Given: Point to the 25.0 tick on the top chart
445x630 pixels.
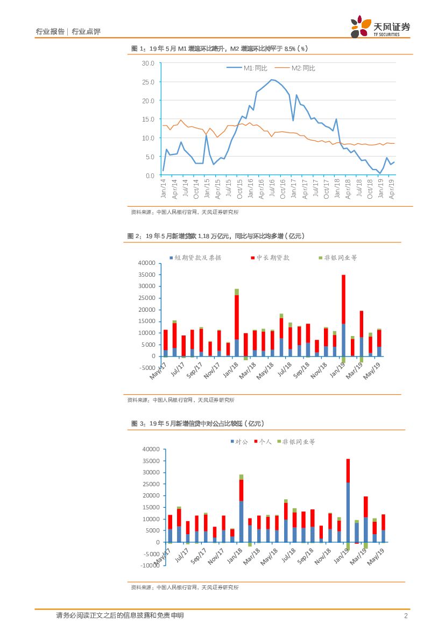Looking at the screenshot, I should [148, 82].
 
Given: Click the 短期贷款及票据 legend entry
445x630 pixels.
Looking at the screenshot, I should [195, 258].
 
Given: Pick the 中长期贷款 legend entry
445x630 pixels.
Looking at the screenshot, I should [270, 258].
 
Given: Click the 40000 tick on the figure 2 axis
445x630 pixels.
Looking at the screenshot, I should [146, 263].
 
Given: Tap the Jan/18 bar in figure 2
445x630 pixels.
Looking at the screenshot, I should [236, 323].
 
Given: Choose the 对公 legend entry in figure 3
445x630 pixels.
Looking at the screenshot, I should [239, 442].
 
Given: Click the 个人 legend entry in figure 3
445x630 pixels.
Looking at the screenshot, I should [263, 442].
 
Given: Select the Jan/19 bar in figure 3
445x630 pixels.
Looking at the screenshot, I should [348, 501].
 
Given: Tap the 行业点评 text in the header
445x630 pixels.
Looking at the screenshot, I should [86, 32].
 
